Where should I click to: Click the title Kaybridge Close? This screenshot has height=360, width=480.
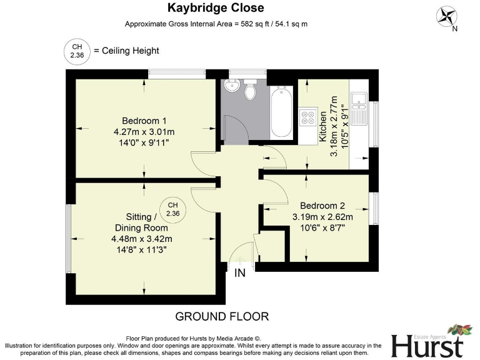(x=215, y=8)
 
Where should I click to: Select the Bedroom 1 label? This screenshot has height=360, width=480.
(x=144, y=121)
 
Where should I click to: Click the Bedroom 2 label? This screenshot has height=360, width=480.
(x=322, y=206)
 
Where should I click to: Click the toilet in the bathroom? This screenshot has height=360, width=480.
(x=251, y=91)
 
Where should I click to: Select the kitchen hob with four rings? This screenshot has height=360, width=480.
(x=308, y=117)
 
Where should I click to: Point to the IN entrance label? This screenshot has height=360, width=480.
(x=240, y=273)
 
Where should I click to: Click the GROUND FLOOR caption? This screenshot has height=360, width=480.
(x=222, y=316)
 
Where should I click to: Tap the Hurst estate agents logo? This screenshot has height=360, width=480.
(x=429, y=342)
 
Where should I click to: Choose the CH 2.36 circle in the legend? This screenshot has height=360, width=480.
(x=77, y=51)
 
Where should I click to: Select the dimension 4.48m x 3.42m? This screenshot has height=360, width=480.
(x=142, y=239)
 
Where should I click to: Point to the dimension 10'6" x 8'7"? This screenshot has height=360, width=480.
(x=322, y=229)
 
